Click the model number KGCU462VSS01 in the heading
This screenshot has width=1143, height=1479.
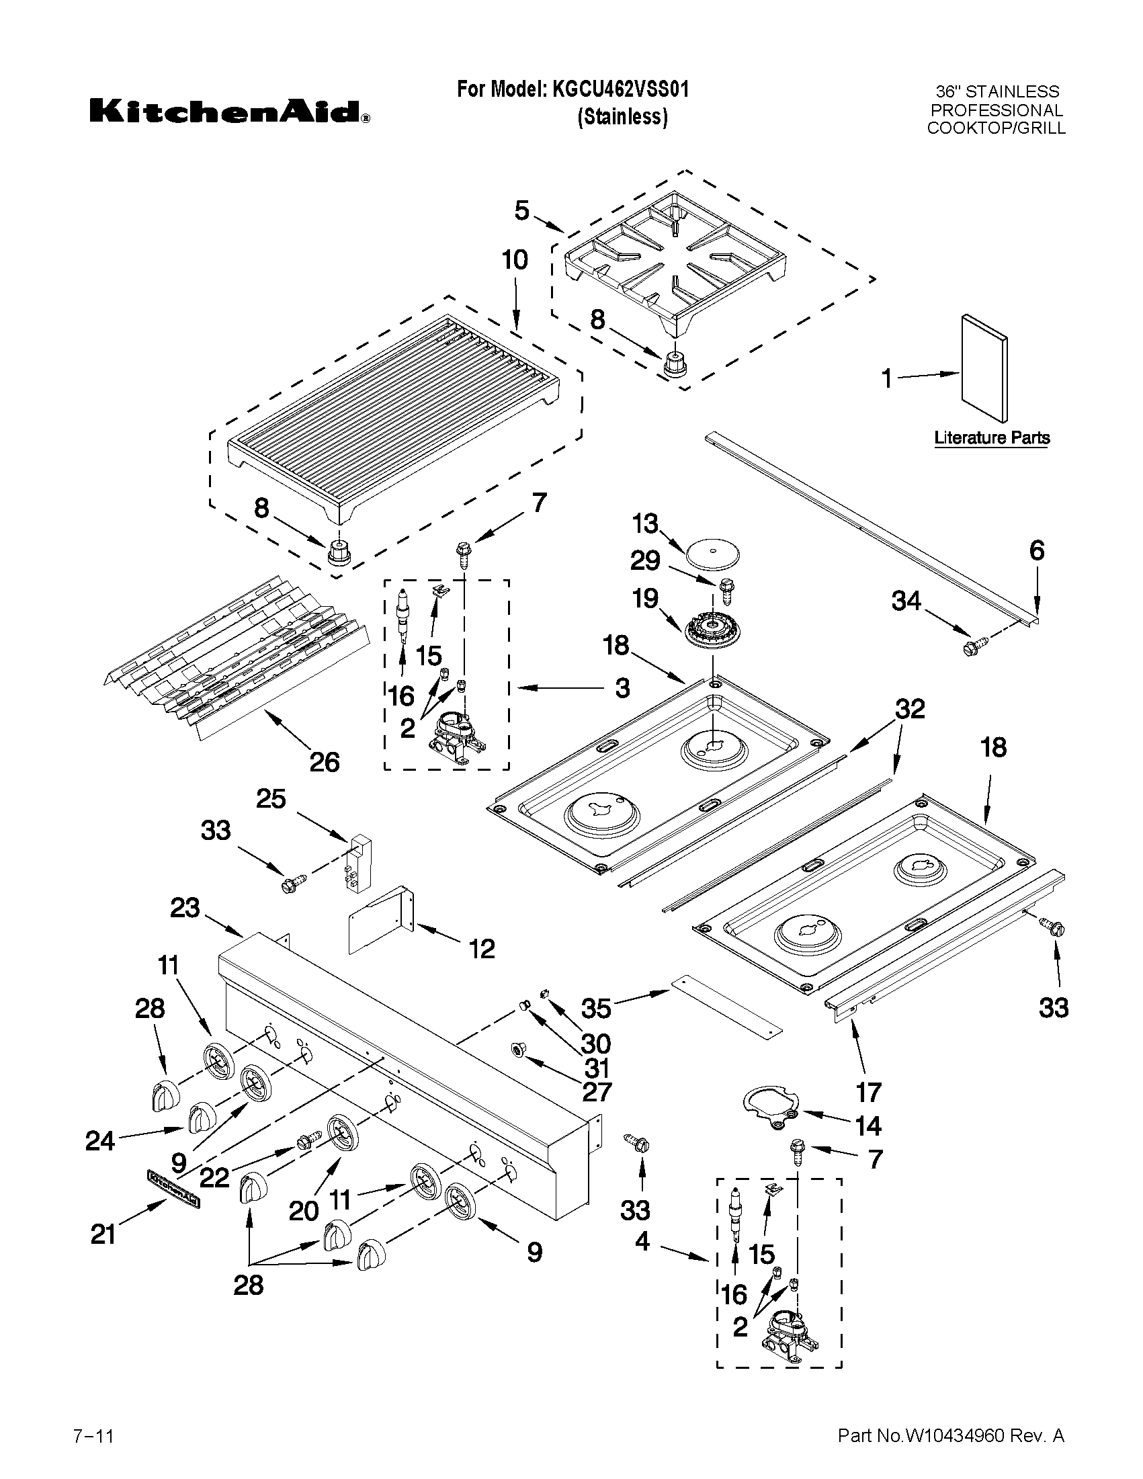click(x=620, y=89)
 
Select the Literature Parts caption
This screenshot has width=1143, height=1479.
click(x=991, y=438)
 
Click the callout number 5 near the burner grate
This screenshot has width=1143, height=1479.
click(x=521, y=210)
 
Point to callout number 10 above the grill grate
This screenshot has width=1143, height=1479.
click(x=515, y=260)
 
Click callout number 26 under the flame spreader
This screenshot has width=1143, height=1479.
click(x=324, y=763)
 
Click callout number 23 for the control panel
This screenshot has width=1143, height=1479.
click(x=185, y=908)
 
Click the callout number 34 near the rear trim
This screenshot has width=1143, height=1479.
click(x=906, y=600)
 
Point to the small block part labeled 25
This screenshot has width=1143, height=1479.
click(x=357, y=861)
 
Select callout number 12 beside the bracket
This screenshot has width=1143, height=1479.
click(x=481, y=949)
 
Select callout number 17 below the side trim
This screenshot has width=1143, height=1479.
click(x=869, y=1092)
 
